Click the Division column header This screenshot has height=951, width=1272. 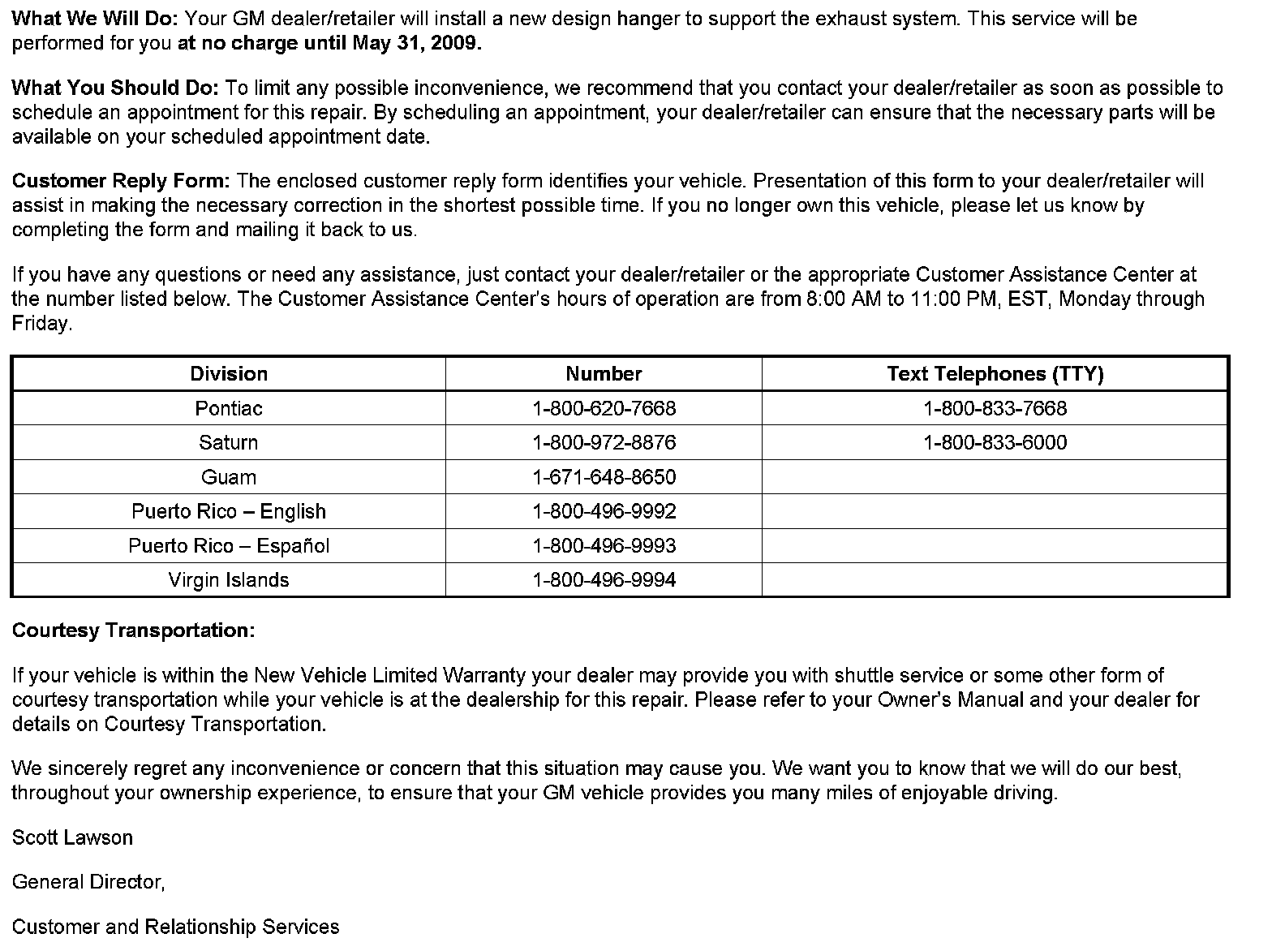(229, 374)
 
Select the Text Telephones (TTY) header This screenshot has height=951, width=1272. (995, 374)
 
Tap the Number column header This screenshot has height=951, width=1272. (604, 374)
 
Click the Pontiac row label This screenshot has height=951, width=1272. (229, 408)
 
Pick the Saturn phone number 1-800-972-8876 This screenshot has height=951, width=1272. (604, 443)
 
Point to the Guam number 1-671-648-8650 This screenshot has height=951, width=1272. (604, 477)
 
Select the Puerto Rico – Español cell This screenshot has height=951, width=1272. (229, 546)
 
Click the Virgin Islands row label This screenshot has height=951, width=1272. (229, 580)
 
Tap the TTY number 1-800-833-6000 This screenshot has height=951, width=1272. (995, 443)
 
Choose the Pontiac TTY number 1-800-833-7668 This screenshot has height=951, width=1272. (995, 408)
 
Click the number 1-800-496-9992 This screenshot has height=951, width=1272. (604, 511)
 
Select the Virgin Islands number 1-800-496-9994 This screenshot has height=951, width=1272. (604, 580)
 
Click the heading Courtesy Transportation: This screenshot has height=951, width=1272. (133, 630)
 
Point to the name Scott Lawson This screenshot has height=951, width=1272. (72, 837)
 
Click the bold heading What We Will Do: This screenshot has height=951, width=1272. (95, 19)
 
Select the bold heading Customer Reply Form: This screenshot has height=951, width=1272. (121, 181)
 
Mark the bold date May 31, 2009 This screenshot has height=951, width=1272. (416, 44)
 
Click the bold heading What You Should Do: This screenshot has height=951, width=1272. (115, 88)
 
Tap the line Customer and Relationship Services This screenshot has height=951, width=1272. (175, 927)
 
